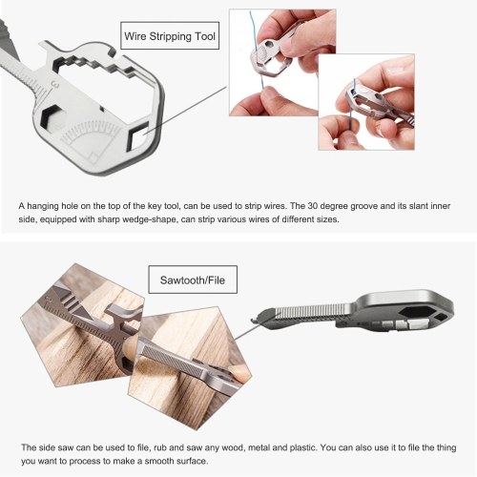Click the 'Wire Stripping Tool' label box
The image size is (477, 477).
[x=170, y=35]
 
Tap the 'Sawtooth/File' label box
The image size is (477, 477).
[x=193, y=280]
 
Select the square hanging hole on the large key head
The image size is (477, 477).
[x=137, y=136]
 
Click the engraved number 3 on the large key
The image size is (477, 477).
[x=56, y=85]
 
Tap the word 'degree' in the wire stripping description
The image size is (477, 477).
[x=333, y=206]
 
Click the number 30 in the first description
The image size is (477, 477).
[x=313, y=206]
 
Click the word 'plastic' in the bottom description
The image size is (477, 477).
[x=302, y=447]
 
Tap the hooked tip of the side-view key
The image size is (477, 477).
[x=255, y=319]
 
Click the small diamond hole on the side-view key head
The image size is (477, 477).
[x=440, y=316]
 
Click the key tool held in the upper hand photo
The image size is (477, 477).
[x=276, y=54]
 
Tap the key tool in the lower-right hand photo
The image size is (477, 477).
[x=379, y=103]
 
